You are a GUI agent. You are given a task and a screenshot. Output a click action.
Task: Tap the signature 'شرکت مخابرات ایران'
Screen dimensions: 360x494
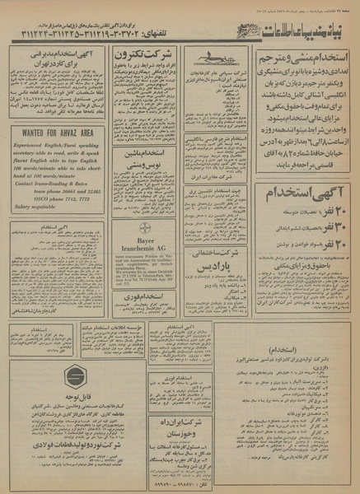[221, 177]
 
